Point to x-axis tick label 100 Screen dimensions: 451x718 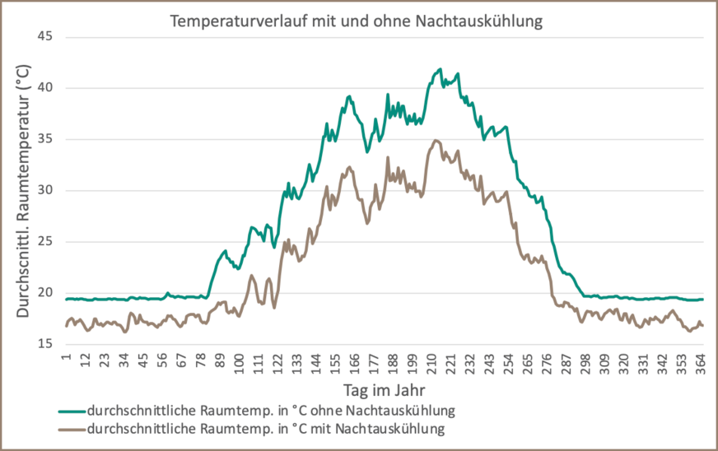[x=239, y=362]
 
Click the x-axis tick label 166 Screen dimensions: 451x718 [x=354, y=362]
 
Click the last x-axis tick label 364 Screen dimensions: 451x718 [x=701, y=362]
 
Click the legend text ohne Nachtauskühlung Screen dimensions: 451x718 [x=271, y=409]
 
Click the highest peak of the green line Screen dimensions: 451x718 [x=441, y=69]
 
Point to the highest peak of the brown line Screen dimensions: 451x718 [x=436, y=141]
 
